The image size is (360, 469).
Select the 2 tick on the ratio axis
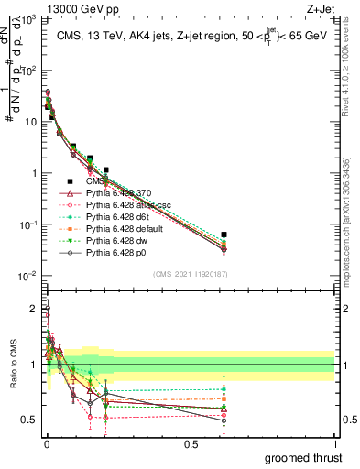point(34,309)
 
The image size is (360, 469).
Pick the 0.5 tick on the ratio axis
point(30,420)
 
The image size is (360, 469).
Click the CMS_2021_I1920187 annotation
point(191,274)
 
